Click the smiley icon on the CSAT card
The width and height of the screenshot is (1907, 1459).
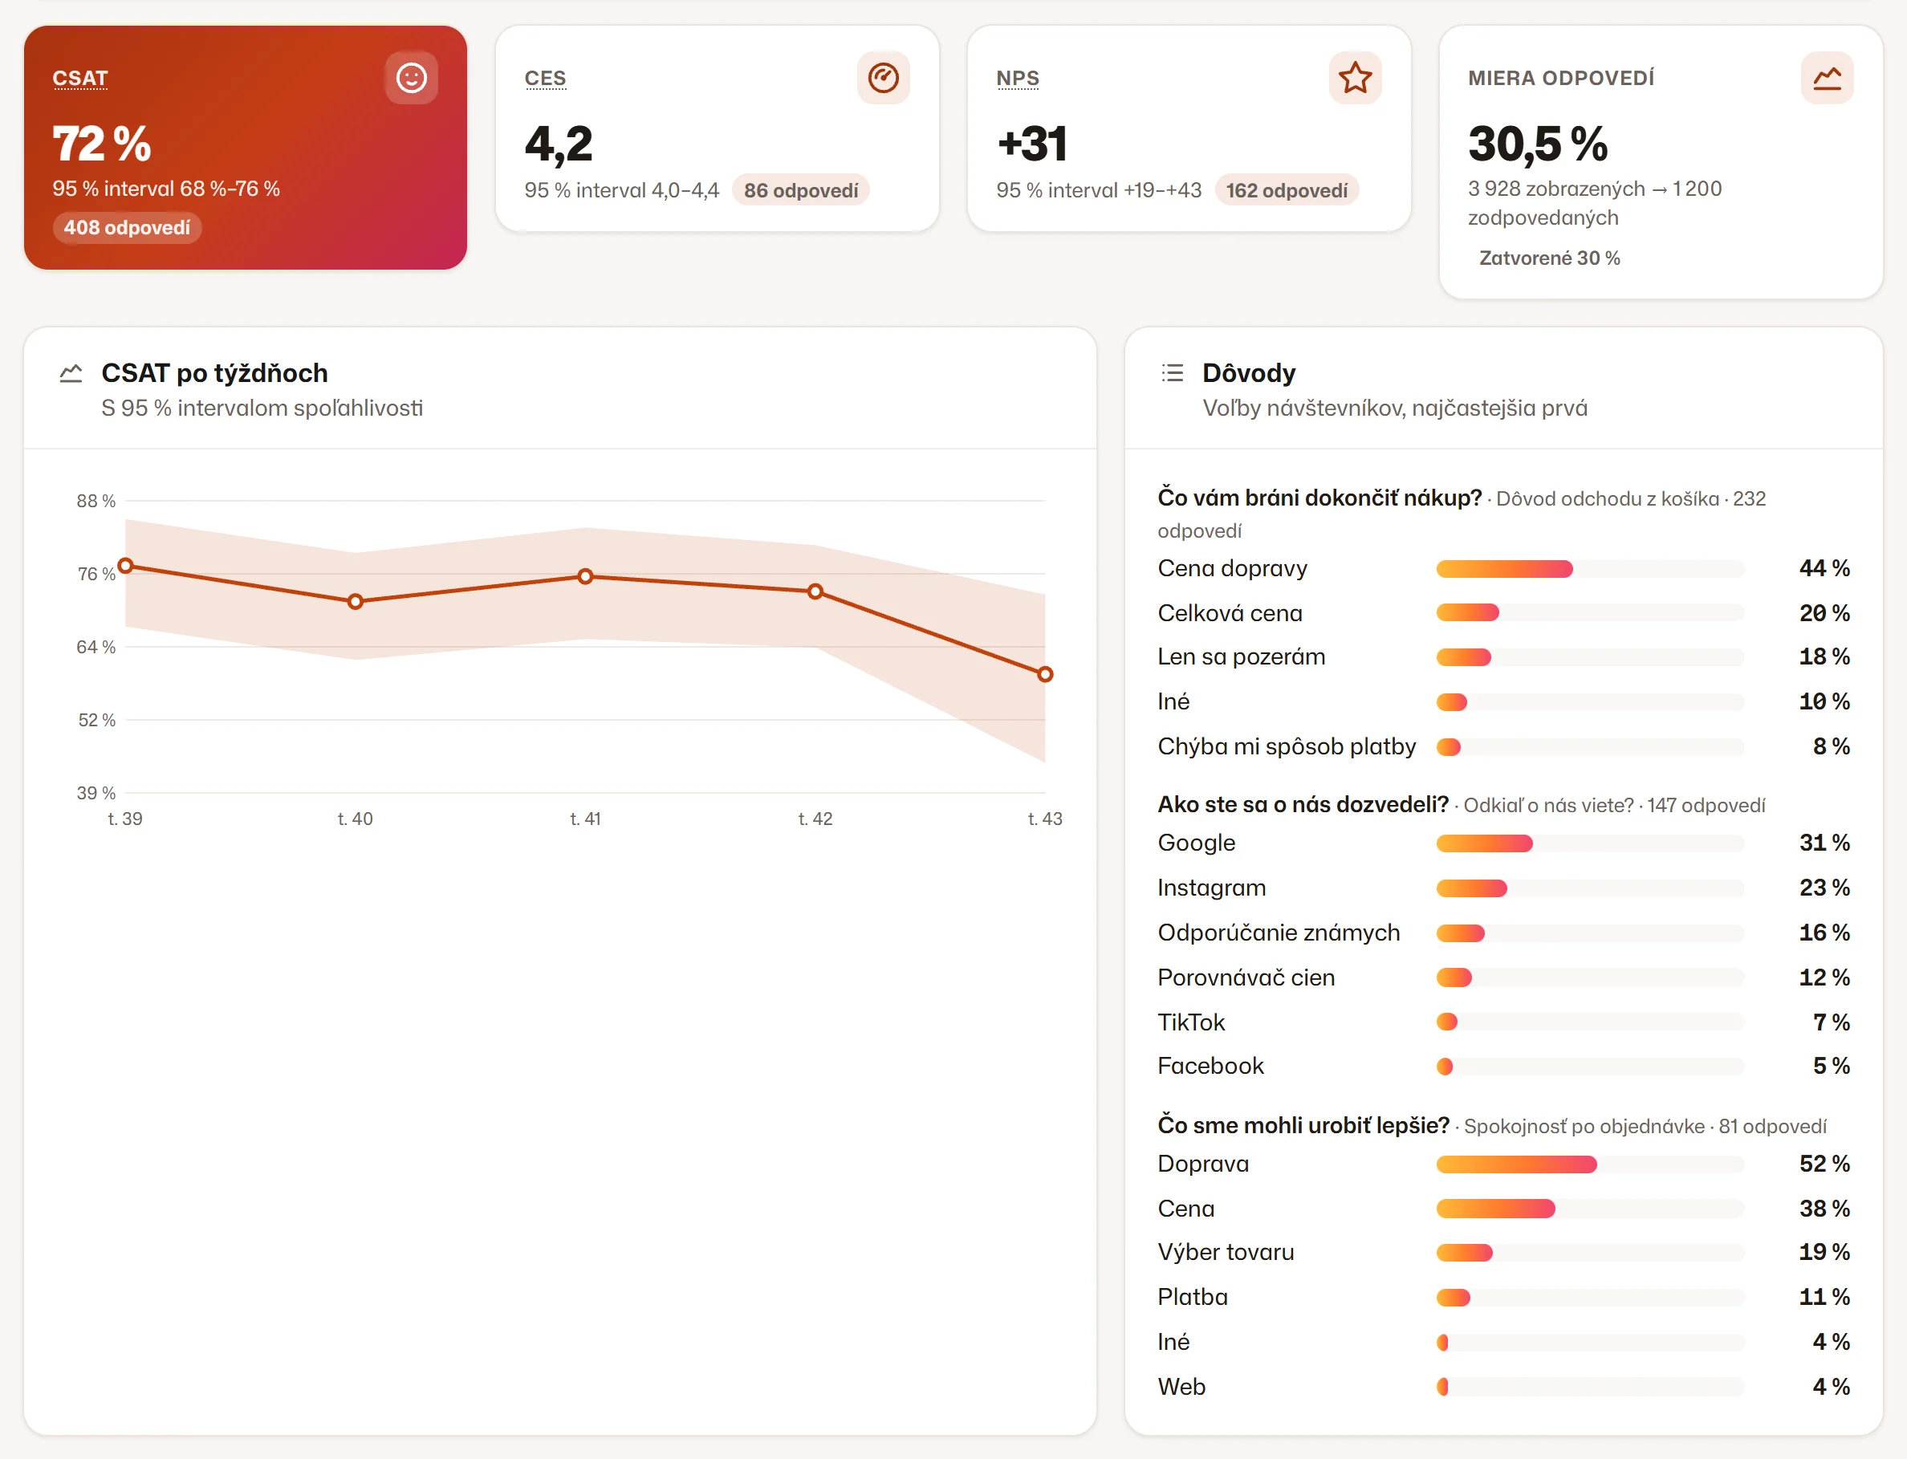click(411, 78)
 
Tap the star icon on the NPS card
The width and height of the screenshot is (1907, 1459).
click(1355, 78)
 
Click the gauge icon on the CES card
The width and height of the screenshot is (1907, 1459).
click(883, 78)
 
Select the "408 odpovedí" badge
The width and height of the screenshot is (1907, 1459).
click(127, 228)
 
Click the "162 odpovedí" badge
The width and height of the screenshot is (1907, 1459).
click(1286, 190)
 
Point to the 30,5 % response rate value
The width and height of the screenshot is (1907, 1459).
click(1537, 144)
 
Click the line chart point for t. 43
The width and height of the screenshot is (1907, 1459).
click(1045, 674)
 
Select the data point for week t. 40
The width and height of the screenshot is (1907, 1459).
click(356, 601)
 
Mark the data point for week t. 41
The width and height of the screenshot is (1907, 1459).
click(585, 575)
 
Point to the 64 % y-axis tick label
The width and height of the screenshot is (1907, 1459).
click(96, 647)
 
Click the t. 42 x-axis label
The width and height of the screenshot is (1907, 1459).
click(815, 819)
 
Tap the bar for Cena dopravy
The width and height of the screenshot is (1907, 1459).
click(1504, 569)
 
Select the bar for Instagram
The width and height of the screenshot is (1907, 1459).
click(1471, 888)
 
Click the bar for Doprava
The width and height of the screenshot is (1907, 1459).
click(1516, 1164)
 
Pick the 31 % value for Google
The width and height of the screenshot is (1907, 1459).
click(1824, 843)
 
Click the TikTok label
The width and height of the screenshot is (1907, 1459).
click(1190, 1022)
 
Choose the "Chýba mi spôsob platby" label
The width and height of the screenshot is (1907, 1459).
click(1286, 747)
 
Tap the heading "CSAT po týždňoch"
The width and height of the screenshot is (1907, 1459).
click(214, 373)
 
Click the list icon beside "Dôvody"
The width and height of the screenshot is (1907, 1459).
click(1172, 373)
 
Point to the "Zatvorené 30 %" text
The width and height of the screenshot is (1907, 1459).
click(1549, 258)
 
